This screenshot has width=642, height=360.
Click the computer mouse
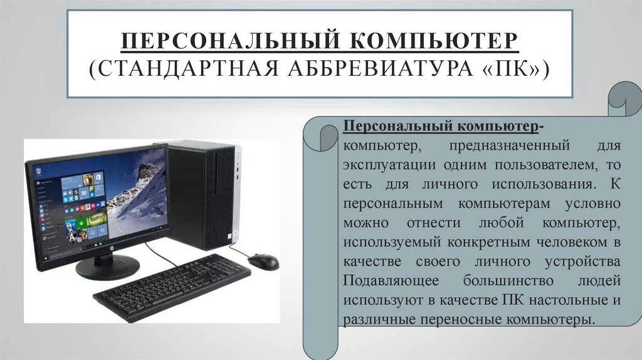point(263,261)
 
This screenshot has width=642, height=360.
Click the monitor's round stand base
point(107,267)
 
